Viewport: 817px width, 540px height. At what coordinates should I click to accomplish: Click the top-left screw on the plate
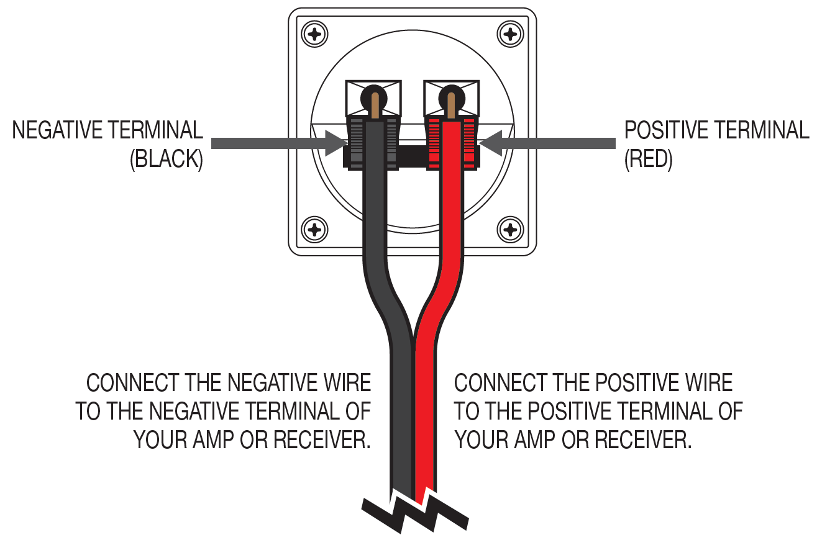tap(314, 34)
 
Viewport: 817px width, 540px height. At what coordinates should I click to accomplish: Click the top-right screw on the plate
tap(510, 34)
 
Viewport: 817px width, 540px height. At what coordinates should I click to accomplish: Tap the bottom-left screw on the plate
tap(314, 230)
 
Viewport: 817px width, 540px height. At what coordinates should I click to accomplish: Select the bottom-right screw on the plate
tap(510, 230)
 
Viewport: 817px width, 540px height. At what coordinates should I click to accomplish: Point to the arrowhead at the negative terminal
tap(336, 143)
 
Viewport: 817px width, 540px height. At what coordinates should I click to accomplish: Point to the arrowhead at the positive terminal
tap(491, 143)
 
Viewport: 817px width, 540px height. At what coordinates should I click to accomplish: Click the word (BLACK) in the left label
tap(167, 159)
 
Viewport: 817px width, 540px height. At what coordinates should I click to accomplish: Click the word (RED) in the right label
tap(648, 159)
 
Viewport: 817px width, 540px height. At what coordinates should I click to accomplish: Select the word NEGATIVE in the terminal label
tap(57, 130)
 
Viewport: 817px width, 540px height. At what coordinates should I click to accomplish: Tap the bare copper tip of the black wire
tap(375, 106)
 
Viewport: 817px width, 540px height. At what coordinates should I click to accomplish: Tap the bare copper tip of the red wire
tap(451, 106)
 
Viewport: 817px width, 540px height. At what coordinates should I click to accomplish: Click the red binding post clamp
tap(452, 143)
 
